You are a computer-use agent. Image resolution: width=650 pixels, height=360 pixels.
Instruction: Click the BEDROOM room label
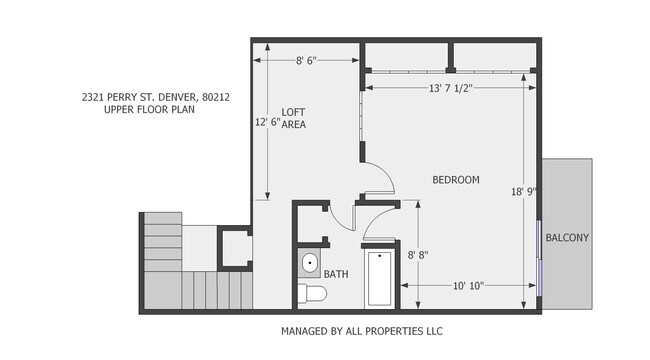pyautogui.click(x=455, y=180)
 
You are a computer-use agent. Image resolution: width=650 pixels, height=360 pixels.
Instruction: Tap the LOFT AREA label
pyautogui.click(x=293, y=118)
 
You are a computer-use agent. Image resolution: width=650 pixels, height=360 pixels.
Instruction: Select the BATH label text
pyautogui.click(x=335, y=272)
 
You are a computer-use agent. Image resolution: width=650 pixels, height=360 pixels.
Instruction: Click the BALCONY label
pyautogui.click(x=567, y=238)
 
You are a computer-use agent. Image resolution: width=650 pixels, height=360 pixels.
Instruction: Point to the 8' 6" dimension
pyautogui.click(x=306, y=61)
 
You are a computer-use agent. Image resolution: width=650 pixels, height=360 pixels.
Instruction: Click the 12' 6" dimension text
pyautogui.click(x=267, y=122)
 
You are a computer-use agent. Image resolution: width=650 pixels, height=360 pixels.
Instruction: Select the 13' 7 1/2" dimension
pyautogui.click(x=449, y=88)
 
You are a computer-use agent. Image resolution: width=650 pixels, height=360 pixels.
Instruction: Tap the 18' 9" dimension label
pyautogui.click(x=524, y=191)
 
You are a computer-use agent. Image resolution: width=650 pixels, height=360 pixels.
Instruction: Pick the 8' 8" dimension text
pyautogui.click(x=418, y=256)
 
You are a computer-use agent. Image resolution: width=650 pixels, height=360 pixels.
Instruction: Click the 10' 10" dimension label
pyautogui.click(x=468, y=285)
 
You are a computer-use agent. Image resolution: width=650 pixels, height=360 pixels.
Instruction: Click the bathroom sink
pyautogui.click(x=310, y=265)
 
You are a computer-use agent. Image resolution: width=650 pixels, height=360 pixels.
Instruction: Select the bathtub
pyautogui.click(x=380, y=280)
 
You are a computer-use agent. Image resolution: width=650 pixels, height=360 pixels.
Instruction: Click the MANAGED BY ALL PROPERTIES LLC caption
pyautogui.click(x=361, y=330)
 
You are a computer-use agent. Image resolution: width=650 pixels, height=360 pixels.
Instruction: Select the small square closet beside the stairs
pyautogui.click(x=236, y=247)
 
